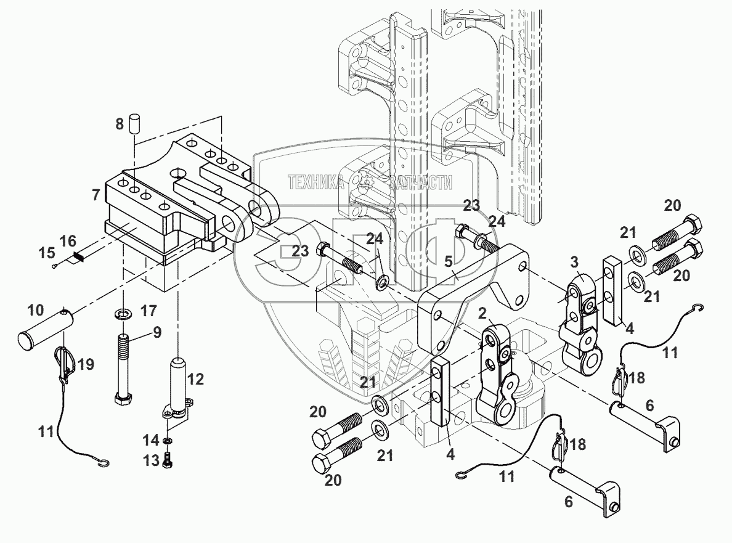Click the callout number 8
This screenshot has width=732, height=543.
click(x=120, y=124)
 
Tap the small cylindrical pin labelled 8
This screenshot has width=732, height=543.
click(x=134, y=123)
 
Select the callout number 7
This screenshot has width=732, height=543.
click(x=96, y=194)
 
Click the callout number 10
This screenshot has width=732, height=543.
click(x=36, y=310)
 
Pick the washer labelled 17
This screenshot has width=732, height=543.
click(x=123, y=312)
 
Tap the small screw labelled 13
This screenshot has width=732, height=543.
click(x=168, y=460)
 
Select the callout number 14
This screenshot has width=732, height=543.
click(x=151, y=440)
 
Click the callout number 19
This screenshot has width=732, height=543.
click(x=86, y=364)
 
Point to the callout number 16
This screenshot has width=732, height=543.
click(x=68, y=241)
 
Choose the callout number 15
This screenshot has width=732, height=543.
click(x=47, y=253)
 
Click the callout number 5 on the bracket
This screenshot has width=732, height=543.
click(x=449, y=261)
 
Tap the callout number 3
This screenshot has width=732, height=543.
click(x=574, y=262)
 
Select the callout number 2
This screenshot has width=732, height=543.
click(x=482, y=312)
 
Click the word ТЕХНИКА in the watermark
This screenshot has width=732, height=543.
click(x=315, y=182)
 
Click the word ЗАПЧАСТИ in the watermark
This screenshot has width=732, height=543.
click(x=421, y=182)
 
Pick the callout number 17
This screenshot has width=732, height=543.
click(x=149, y=311)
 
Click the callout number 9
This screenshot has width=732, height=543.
click(x=157, y=332)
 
